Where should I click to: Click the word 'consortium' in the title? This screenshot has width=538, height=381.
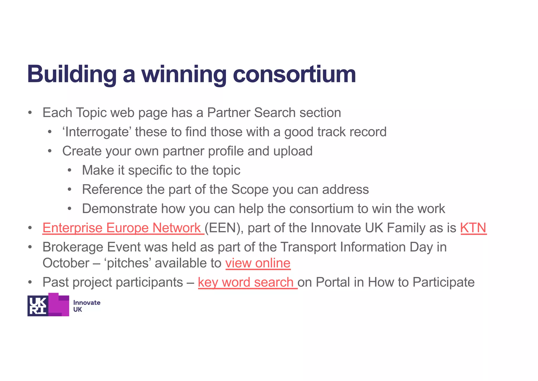click(294, 74)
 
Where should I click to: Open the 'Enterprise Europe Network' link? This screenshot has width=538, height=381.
click(122, 228)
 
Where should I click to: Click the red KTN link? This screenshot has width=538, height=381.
click(473, 228)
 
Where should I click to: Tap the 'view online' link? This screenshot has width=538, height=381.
click(258, 263)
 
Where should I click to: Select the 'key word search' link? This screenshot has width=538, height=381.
click(247, 282)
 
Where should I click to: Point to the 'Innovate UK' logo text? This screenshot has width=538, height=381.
click(86, 306)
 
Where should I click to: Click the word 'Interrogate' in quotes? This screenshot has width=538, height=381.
click(97, 132)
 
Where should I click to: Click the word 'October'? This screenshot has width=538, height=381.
click(66, 263)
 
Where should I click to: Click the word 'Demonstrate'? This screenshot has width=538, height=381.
click(120, 209)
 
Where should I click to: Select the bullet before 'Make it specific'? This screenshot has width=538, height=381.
click(69, 171)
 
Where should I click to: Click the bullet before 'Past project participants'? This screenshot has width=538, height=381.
click(30, 283)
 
